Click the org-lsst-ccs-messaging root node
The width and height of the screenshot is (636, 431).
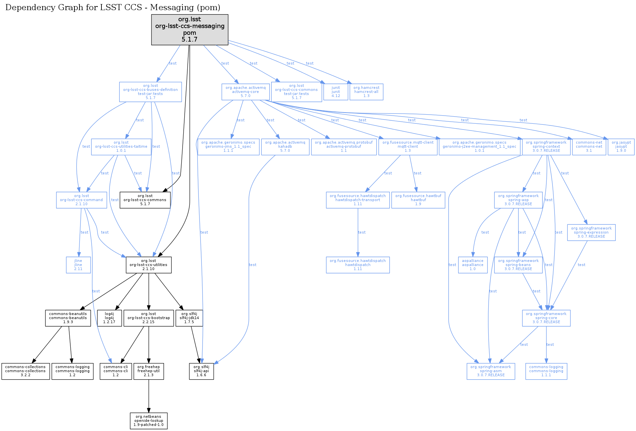(x=189, y=29)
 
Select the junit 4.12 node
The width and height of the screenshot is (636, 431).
(x=335, y=92)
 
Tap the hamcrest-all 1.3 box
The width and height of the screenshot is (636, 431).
(x=366, y=92)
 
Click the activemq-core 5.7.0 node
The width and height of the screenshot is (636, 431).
(x=245, y=92)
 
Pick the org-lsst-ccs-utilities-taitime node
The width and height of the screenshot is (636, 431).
(x=121, y=147)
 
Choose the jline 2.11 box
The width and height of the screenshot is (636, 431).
(x=78, y=265)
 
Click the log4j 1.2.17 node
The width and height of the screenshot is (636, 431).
(x=109, y=318)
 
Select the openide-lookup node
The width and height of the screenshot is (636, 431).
(x=148, y=421)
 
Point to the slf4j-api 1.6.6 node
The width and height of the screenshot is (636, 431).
(x=201, y=371)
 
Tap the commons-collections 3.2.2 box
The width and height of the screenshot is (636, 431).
(x=25, y=371)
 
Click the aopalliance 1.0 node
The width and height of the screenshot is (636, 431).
(x=472, y=265)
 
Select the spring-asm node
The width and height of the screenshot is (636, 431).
(x=491, y=371)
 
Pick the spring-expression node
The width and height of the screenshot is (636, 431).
(x=591, y=232)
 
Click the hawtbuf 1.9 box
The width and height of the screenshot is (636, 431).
(x=418, y=200)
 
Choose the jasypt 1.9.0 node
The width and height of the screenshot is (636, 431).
(x=621, y=147)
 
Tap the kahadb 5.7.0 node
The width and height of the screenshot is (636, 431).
(x=285, y=147)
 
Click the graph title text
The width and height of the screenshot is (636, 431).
(x=113, y=7)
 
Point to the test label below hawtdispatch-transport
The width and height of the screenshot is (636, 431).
(x=362, y=232)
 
